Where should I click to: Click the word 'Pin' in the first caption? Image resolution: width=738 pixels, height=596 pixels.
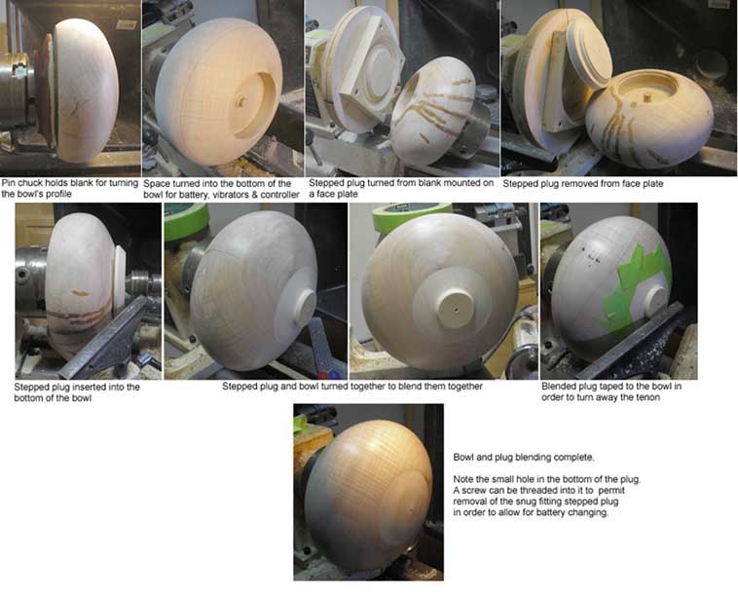click(x=9, y=183)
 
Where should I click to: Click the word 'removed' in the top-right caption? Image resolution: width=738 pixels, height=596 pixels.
click(x=572, y=184)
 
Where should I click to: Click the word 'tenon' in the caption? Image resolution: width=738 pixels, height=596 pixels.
click(x=648, y=397)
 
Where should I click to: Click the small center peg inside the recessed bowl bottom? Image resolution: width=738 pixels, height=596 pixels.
click(x=240, y=100)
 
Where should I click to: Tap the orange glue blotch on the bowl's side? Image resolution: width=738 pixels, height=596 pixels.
click(x=80, y=293)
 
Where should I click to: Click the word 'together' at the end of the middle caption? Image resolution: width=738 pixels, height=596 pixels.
click(x=463, y=387)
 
